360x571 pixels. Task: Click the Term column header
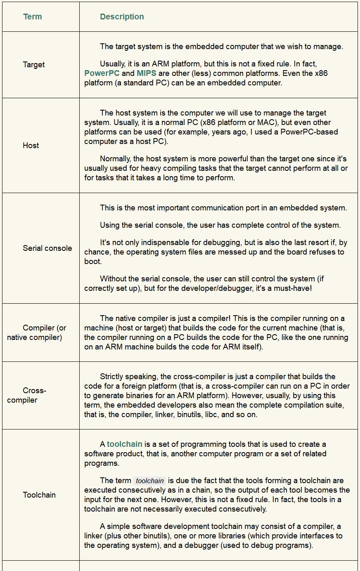click(32, 17)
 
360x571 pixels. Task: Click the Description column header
click(122, 17)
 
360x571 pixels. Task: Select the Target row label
click(34, 65)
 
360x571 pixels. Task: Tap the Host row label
click(31, 146)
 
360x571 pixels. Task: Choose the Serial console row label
click(47, 248)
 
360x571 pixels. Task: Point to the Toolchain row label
click(39, 495)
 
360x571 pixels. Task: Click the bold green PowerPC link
click(102, 73)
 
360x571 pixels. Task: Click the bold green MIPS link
click(147, 73)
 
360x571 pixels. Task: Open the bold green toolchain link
click(125, 444)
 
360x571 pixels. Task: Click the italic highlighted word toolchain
click(150, 481)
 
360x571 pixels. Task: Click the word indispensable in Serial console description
click(157, 243)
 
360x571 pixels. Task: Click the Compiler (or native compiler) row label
click(36, 333)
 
